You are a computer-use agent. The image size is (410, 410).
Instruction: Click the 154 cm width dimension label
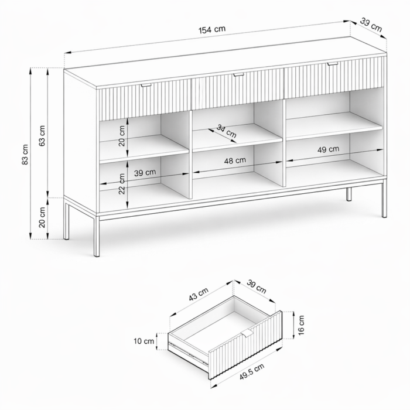pyautogui.click(x=212, y=29)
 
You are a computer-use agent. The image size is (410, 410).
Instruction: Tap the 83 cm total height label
pyautogui.click(x=25, y=154)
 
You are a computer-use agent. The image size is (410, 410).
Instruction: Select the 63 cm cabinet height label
pyautogui.click(x=42, y=135)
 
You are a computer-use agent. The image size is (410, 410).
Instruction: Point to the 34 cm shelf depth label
pyautogui.click(x=227, y=131)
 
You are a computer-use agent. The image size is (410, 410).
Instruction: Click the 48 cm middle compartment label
pyautogui.click(x=235, y=160)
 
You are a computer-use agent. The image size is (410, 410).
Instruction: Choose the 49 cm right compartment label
pyautogui.click(x=328, y=149)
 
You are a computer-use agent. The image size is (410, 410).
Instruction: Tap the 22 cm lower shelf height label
pyautogui.click(x=122, y=184)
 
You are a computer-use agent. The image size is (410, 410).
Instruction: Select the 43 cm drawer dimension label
pyautogui.click(x=199, y=294)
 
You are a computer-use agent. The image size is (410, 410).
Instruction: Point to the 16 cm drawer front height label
pyautogui.click(x=301, y=325)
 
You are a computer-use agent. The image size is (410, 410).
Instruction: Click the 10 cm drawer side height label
pyautogui.click(x=144, y=341)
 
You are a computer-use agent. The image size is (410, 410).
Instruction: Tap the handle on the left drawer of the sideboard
pyautogui.click(x=146, y=85)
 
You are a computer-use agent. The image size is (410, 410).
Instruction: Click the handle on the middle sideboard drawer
pyautogui.click(x=238, y=75)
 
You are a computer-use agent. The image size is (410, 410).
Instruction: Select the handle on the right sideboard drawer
pyautogui.click(x=332, y=63)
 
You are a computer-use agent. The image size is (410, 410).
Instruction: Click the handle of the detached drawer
pyautogui.click(x=247, y=333)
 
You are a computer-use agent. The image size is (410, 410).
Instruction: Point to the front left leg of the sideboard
pyautogui.click(x=97, y=235)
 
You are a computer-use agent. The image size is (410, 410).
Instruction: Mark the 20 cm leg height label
pyautogui.click(x=42, y=217)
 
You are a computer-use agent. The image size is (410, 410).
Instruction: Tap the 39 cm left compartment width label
pyautogui.click(x=145, y=173)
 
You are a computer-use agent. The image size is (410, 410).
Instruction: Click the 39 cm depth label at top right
pyautogui.click(x=371, y=25)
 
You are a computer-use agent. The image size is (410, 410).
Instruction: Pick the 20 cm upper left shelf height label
pyautogui.click(x=122, y=136)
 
